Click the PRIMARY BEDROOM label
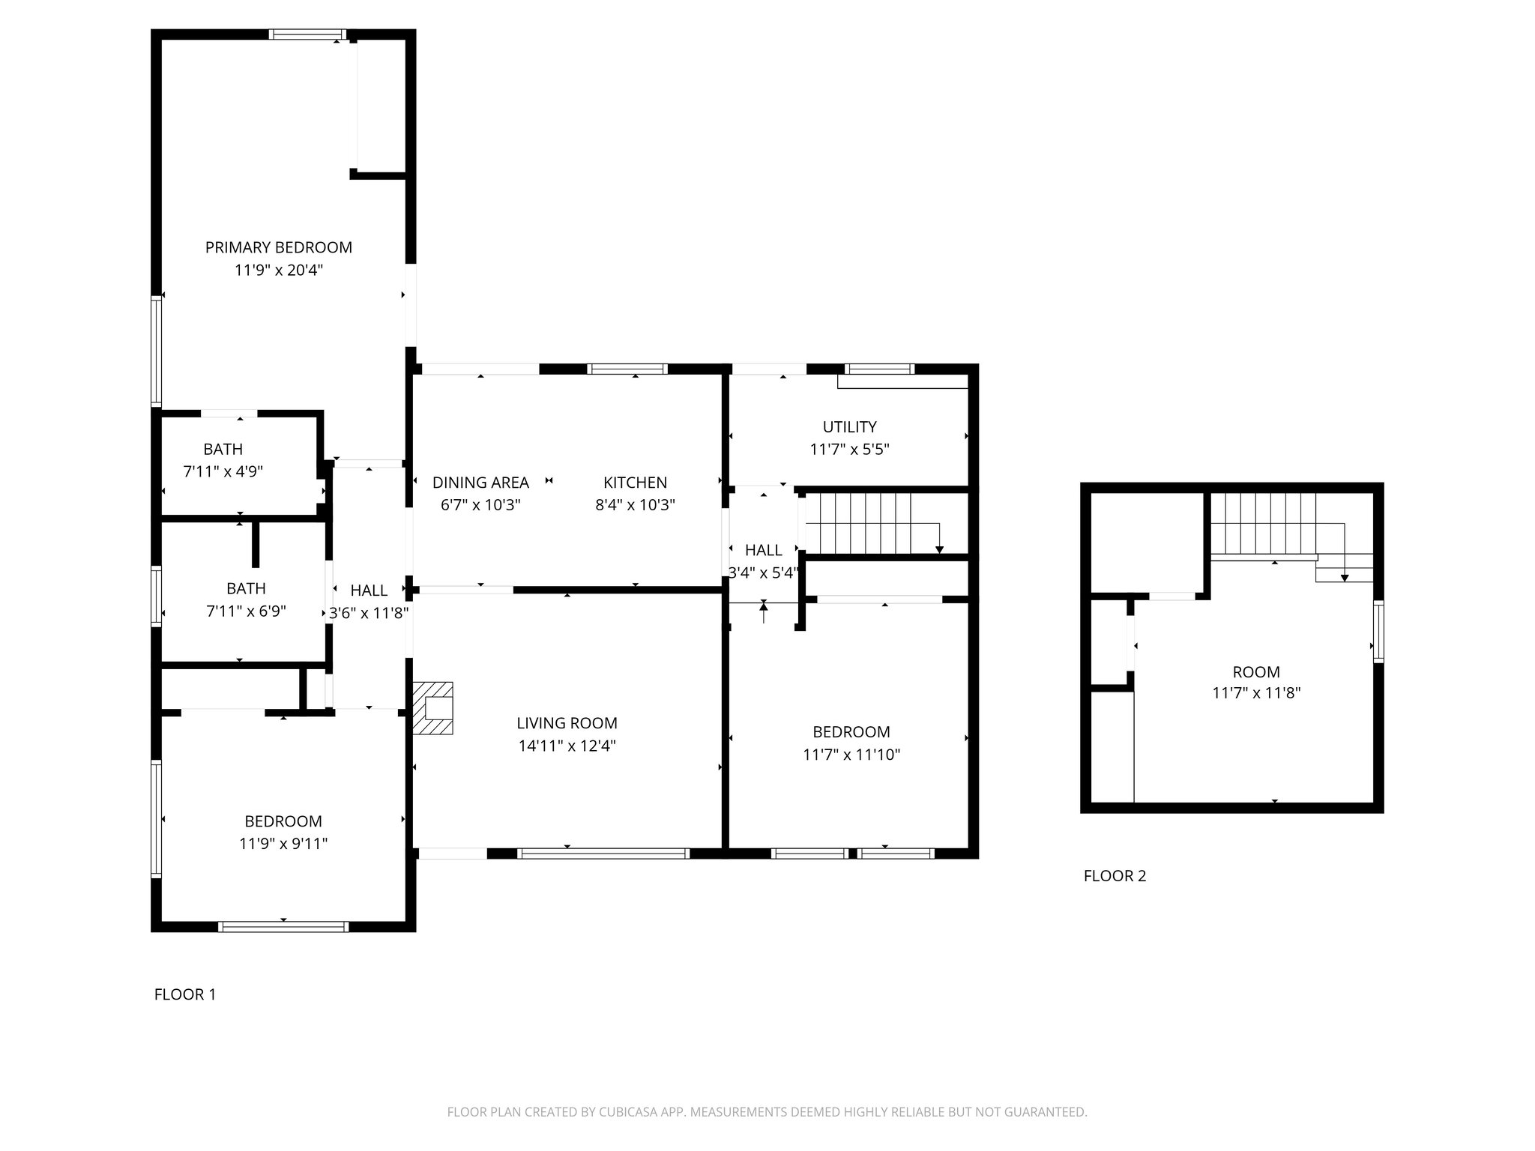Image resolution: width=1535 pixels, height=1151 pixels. coord(279,247)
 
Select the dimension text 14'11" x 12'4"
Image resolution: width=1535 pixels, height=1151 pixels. coord(567,746)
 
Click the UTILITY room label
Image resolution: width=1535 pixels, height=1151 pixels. coord(849,427)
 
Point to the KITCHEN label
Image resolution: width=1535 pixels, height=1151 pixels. coord(635,483)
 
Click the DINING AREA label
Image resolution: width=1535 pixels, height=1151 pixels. coord(480,483)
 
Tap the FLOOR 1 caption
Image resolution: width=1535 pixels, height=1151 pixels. coord(185,994)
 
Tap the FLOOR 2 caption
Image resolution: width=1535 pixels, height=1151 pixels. coord(1115,875)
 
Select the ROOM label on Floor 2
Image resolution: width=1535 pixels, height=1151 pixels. coord(1256,672)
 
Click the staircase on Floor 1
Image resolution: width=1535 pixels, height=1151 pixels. coord(869,522)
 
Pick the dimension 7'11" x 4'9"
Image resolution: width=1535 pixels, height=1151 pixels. coord(223,471)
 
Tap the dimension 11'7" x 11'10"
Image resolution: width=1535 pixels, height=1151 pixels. coord(851,754)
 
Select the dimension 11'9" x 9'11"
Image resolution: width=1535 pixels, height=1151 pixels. coord(283,844)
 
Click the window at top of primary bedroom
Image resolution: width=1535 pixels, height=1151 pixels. coord(307,34)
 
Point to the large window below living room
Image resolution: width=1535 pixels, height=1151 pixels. coord(603,853)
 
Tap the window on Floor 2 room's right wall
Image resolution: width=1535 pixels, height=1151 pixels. coord(1378,631)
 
